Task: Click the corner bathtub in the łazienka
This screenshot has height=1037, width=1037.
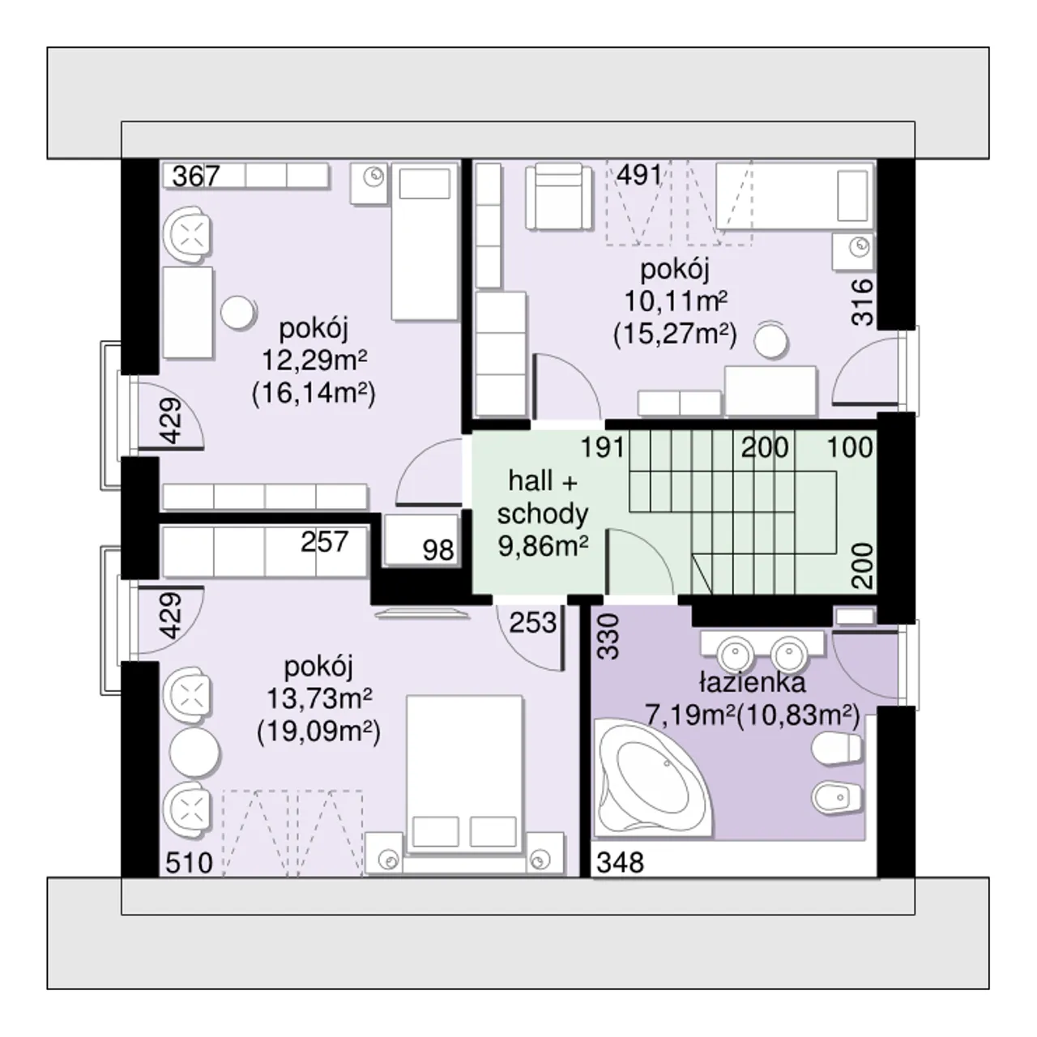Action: (651, 779)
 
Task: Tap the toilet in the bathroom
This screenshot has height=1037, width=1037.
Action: (836, 748)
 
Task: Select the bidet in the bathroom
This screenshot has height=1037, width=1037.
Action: (836, 797)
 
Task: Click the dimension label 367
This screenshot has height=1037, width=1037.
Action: (196, 176)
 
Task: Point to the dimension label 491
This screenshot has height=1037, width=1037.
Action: (639, 175)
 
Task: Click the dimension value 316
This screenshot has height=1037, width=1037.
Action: (862, 302)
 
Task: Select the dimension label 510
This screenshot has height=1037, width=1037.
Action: (189, 863)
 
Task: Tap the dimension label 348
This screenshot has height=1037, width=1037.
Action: (620, 863)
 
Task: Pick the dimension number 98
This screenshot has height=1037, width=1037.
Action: (438, 551)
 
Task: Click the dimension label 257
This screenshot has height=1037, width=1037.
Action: (325, 541)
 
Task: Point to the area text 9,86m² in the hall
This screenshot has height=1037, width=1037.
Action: (543, 547)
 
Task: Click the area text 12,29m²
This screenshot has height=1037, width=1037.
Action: (314, 360)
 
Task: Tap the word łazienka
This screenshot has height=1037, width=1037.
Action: (753, 682)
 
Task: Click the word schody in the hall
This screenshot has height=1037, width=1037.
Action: (543, 514)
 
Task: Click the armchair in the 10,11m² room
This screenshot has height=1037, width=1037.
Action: (558, 197)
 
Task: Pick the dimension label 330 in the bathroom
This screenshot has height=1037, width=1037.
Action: (608, 637)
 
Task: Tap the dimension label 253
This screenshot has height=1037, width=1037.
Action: (533, 623)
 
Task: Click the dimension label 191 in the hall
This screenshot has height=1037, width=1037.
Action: (602, 447)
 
